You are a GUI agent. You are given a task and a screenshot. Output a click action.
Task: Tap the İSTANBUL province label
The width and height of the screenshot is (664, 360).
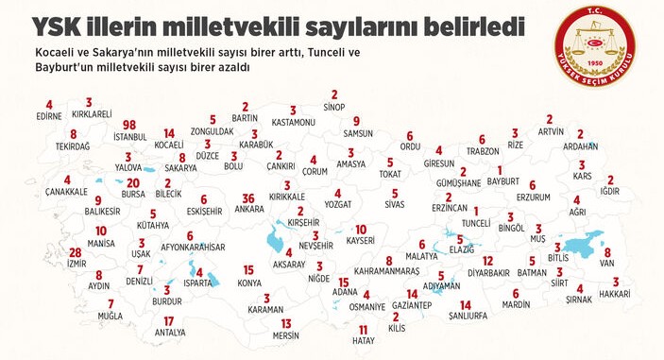[129, 137]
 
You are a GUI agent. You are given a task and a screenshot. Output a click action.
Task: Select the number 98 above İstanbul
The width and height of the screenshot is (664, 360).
[129, 125]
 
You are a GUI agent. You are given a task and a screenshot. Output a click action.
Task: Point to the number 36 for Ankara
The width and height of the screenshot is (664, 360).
[248, 197]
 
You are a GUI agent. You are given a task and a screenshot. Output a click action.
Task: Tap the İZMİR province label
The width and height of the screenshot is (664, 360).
[75, 265]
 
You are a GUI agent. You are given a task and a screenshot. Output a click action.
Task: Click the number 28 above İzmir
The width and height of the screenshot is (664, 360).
[75, 252]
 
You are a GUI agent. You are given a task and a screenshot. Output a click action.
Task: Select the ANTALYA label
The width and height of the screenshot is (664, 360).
[169, 333]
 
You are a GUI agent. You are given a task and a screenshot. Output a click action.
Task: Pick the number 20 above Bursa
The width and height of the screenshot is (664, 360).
[133, 182]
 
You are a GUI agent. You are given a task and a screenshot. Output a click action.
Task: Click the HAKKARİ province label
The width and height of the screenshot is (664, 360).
[615, 294]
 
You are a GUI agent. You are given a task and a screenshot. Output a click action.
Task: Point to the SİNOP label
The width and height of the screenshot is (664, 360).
[334, 107]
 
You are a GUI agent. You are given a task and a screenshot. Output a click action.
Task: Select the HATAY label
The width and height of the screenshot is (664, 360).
[363, 341]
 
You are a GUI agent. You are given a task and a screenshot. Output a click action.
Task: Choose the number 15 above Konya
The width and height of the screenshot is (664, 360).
[249, 269]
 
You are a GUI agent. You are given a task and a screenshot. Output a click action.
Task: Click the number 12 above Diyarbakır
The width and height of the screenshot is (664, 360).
[488, 261]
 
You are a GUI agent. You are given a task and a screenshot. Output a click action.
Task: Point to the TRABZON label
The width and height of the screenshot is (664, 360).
[482, 151]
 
